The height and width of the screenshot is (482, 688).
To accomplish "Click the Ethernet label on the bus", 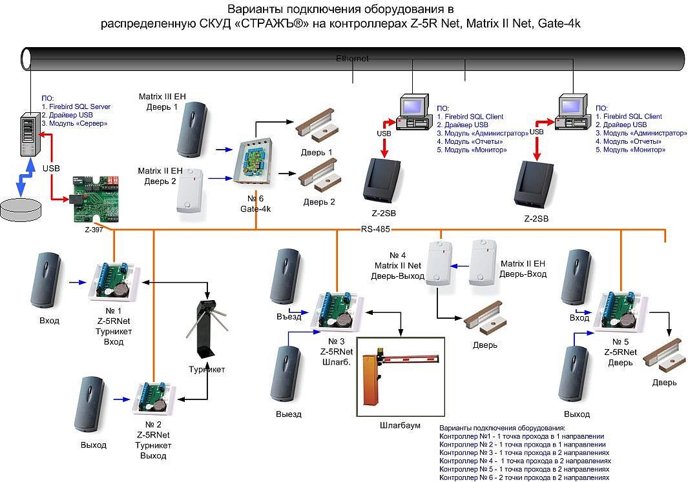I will click(x=352, y=58).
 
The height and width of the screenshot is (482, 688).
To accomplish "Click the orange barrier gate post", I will click(x=370, y=380).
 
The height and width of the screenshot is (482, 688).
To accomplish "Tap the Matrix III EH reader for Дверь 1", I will click(x=193, y=130).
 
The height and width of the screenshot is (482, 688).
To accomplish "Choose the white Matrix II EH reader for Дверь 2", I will click(x=190, y=191).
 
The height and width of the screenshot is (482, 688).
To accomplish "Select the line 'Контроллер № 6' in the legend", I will click(x=524, y=477).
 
